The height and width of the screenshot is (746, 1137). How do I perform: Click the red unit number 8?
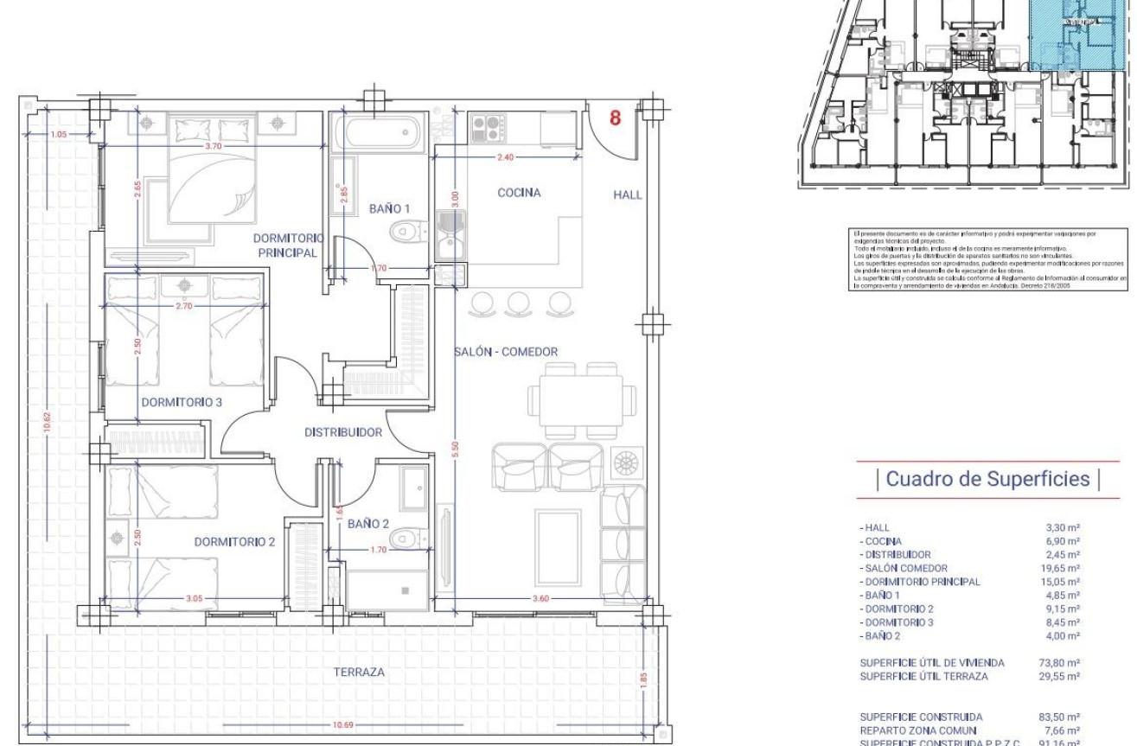click(616, 118)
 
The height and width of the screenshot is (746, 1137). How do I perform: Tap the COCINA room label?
click(519, 193)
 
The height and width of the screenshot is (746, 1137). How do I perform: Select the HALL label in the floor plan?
click(628, 194)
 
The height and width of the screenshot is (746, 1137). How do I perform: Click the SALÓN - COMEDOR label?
click(506, 352)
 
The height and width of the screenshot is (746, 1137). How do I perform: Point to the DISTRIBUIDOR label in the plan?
click(343, 432)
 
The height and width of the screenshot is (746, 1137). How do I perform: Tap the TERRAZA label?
click(361, 672)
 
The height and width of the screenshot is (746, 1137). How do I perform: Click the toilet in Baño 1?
click(407, 232)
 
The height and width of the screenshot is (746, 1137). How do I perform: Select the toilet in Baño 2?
click(406, 539)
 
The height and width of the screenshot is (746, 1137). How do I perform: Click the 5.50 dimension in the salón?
click(456, 450)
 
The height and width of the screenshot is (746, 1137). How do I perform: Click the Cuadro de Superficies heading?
click(976, 479)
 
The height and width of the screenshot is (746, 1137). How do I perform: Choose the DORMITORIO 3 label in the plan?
click(182, 401)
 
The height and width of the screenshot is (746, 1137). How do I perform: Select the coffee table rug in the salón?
click(558, 536)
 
